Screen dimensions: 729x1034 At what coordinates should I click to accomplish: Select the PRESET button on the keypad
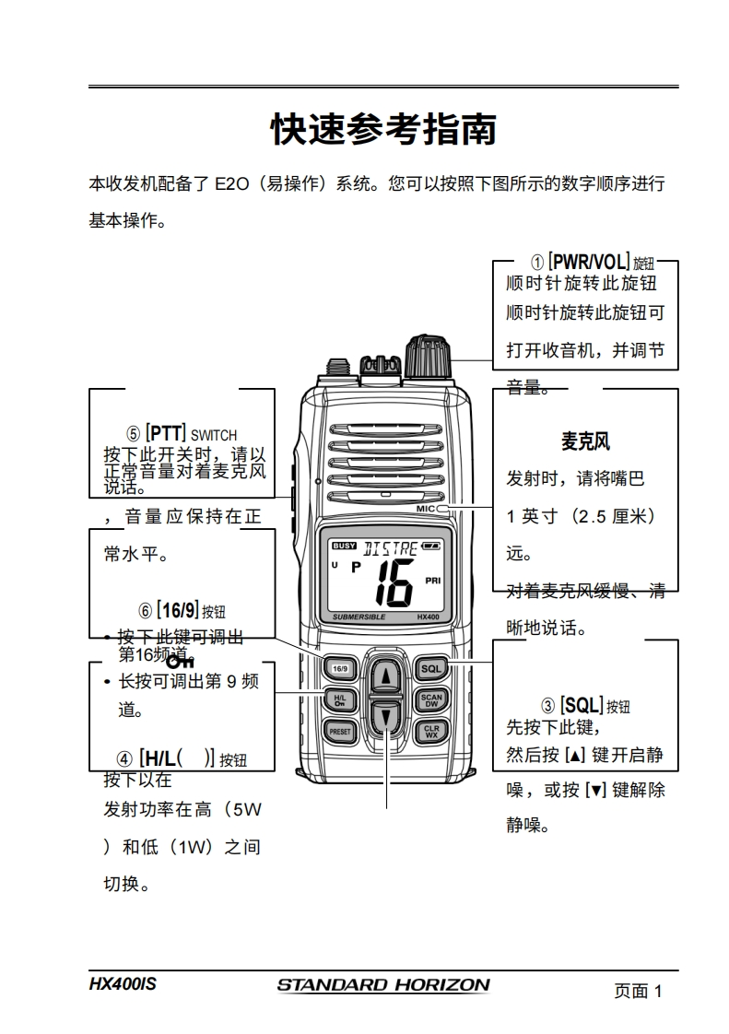click(x=339, y=732)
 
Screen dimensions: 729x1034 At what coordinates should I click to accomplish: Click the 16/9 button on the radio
click(x=339, y=668)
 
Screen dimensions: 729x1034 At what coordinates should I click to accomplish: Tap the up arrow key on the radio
click(x=387, y=676)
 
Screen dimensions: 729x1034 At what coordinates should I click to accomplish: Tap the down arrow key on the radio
click(x=387, y=716)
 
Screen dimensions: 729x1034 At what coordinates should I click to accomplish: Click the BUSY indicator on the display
click(x=344, y=546)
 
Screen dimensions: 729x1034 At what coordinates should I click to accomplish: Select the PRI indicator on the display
click(x=433, y=581)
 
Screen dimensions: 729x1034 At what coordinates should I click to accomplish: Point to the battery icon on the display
click(x=431, y=546)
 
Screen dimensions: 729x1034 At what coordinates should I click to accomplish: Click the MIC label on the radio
click(x=425, y=508)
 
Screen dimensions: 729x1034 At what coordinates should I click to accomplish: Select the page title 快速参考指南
click(x=383, y=130)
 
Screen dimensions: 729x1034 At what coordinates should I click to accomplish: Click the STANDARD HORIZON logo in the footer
click(x=383, y=985)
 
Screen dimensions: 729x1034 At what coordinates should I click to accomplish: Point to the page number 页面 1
click(x=638, y=992)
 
